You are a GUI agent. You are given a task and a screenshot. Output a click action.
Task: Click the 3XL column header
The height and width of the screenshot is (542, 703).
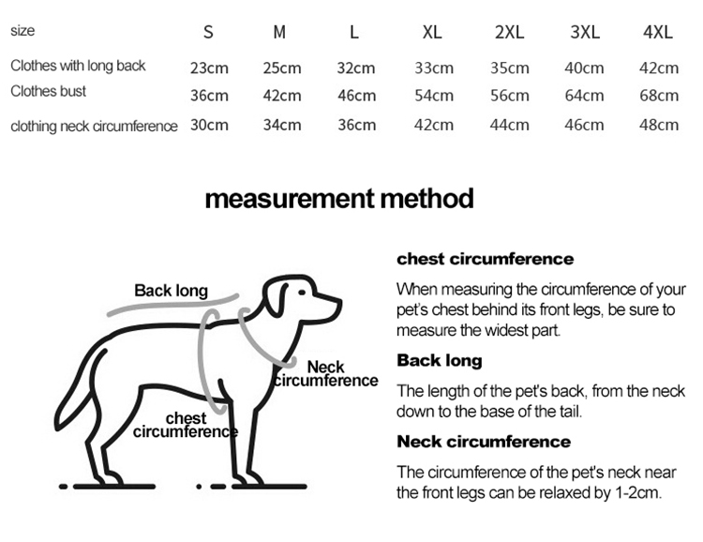pyautogui.click(x=585, y=32)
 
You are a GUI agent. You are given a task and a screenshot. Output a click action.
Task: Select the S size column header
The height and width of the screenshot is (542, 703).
pyautogui.click(x=208, y=32)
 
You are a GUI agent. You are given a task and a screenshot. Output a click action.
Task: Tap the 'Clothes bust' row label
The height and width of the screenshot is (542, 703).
pyautogui.click(x=48, y=91)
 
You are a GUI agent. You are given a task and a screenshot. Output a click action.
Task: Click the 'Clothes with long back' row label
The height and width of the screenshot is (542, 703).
pyautogui.click(x=78, y=66)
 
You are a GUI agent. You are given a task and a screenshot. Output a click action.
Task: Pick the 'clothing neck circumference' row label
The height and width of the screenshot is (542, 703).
pyautogui.click(x=94, y=126)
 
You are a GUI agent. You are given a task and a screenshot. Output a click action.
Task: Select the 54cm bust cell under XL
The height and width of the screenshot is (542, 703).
pyautogui.click(x=434, y=96)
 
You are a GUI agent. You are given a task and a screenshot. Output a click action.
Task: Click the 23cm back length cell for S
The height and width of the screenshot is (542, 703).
pyautogui.click(x=209, y=68)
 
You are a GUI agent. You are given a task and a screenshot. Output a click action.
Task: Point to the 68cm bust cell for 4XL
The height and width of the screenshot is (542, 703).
pyautogui.click(x=659, y=96)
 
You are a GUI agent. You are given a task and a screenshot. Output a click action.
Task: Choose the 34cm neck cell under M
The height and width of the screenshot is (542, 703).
pyautogui.click(x=282, y=125)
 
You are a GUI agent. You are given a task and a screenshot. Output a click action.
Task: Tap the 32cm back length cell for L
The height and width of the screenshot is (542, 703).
pyautogui.click(x=356, y=68)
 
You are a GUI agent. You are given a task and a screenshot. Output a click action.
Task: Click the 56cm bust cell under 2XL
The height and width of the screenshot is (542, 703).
pyautogui.click(x=509, y=96)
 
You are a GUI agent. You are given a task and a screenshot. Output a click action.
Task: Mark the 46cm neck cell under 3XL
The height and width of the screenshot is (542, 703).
pyautogui.click(x=584, y=125)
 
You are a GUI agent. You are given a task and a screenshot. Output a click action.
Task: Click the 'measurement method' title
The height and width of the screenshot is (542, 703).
pyautogui.click(x=339, y=199)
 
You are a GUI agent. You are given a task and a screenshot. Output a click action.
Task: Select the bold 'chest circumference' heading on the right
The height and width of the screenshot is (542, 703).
pyautogui.click(x=486, y=259)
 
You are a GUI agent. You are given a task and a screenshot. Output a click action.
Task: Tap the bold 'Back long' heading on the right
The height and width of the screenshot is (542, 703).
pyautogui.click(x=440, y=360)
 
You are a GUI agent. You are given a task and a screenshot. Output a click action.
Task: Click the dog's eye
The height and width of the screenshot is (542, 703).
pyautogui.click(x=302, y=293)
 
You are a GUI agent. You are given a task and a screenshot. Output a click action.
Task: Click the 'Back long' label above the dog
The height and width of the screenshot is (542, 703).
pyautogui.click(x=171, y=291)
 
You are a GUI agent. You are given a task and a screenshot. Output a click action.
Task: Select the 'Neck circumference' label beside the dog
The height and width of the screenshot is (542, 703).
pyautogui.click(x=326, y=374)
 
